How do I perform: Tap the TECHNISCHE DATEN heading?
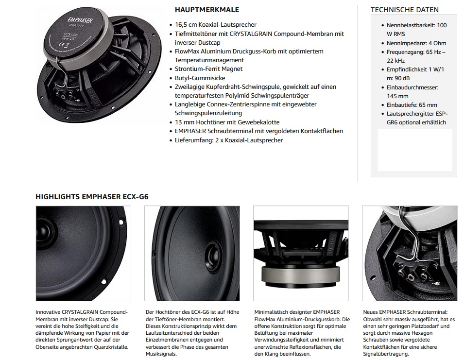404,10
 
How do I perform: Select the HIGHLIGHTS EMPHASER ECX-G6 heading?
92,197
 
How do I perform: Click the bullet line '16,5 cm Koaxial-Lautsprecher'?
216,25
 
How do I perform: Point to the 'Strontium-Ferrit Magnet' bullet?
208,69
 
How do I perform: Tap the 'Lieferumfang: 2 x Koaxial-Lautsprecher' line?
229,140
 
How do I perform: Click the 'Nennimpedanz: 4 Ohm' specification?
416,43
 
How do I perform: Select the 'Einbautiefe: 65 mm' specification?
412,105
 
